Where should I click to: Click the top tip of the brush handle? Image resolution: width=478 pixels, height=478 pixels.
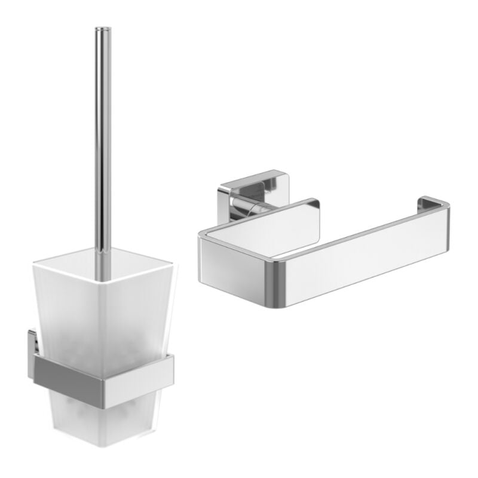(x=103, y=29)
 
